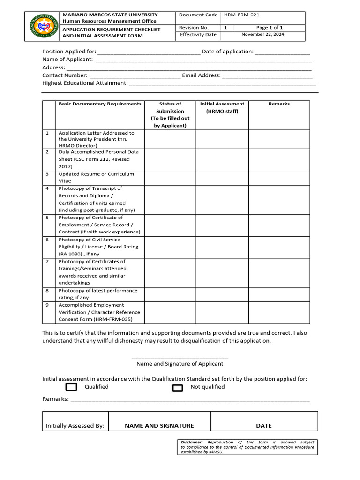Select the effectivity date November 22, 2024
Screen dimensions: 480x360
pos(262,34)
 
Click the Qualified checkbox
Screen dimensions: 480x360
pos(71,387)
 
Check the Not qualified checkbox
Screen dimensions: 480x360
pos(177,388)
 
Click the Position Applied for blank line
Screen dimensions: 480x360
pos(149,52)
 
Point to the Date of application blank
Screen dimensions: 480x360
pos(283,52)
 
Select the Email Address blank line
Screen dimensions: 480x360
pos(267,75)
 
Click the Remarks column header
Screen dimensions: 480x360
pos(279,104)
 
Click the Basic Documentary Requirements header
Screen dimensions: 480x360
pos(100,104)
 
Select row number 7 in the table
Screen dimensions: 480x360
pos(47,262)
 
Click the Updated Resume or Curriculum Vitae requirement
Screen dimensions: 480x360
pos(96,177)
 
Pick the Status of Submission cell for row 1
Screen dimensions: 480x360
pos(170,139)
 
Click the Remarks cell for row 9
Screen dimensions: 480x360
pos(279,312)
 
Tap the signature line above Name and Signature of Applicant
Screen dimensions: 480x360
pos(180,358)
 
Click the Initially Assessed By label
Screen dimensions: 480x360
pos(75,426)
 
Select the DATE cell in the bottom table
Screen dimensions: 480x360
pos(264,426)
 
